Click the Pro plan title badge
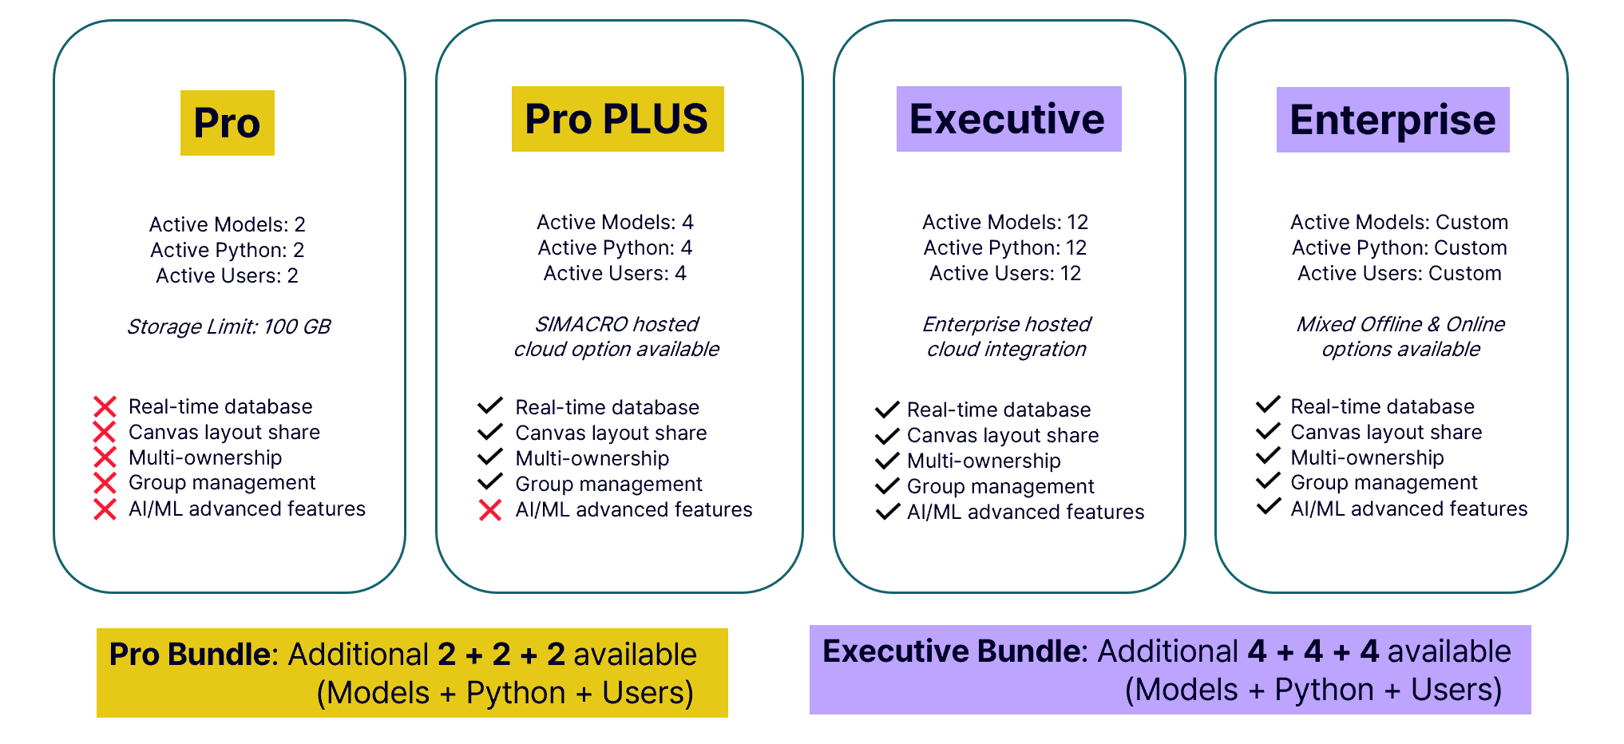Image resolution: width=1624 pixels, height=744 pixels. point(228,123)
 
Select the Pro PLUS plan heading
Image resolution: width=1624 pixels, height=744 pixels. point(617,119)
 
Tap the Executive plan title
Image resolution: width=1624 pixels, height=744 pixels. point(1008,119)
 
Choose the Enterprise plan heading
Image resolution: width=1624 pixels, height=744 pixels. point(1392,120)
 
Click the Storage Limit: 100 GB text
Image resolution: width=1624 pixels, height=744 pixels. point(228,326)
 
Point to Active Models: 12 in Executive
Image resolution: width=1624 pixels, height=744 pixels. point(1005,222)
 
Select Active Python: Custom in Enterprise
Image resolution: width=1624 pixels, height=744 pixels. point(1399,247)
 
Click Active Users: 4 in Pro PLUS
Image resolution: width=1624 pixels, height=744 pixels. point(615,273)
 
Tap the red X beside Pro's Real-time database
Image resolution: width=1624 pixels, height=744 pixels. point(105,407)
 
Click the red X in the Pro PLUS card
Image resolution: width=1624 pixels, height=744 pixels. point(490,510)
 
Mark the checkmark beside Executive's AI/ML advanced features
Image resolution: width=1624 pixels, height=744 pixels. point(887,512)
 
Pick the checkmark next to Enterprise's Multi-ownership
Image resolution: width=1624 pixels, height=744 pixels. point(1268,457)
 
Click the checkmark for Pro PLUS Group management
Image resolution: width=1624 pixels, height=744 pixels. point(490,483)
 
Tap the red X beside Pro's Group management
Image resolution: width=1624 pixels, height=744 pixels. point(105,483)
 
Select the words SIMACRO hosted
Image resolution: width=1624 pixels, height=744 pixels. point(616,324)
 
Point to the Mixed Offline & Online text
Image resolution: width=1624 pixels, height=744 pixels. point(1400,324)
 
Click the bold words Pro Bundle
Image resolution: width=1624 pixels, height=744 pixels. point(190,655)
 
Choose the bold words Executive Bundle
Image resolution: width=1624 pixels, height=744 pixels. point(953,651)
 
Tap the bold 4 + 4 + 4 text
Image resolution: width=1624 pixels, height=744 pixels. point(1313,651)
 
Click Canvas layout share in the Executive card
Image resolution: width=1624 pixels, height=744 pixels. point(1003,435)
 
